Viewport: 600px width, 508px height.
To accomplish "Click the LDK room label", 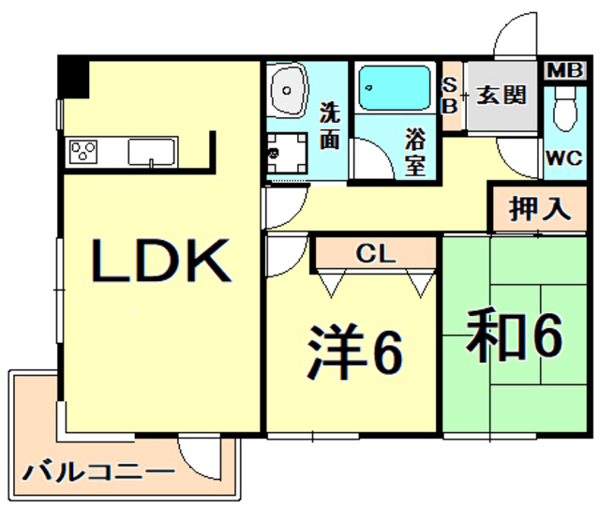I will pos(160,263).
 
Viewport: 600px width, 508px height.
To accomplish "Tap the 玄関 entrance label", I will pos(500,95).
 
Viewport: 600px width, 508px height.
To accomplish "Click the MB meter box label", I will pos(563,71).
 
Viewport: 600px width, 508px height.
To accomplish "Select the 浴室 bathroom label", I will pos(416,153).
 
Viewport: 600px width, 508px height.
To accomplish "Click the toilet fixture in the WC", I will pos(563,112).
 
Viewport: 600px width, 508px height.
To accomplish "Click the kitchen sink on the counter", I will pos(154,151).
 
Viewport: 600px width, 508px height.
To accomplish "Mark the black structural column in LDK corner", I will pos(72,77).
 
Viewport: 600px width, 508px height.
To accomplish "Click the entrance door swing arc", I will pos(514,39).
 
